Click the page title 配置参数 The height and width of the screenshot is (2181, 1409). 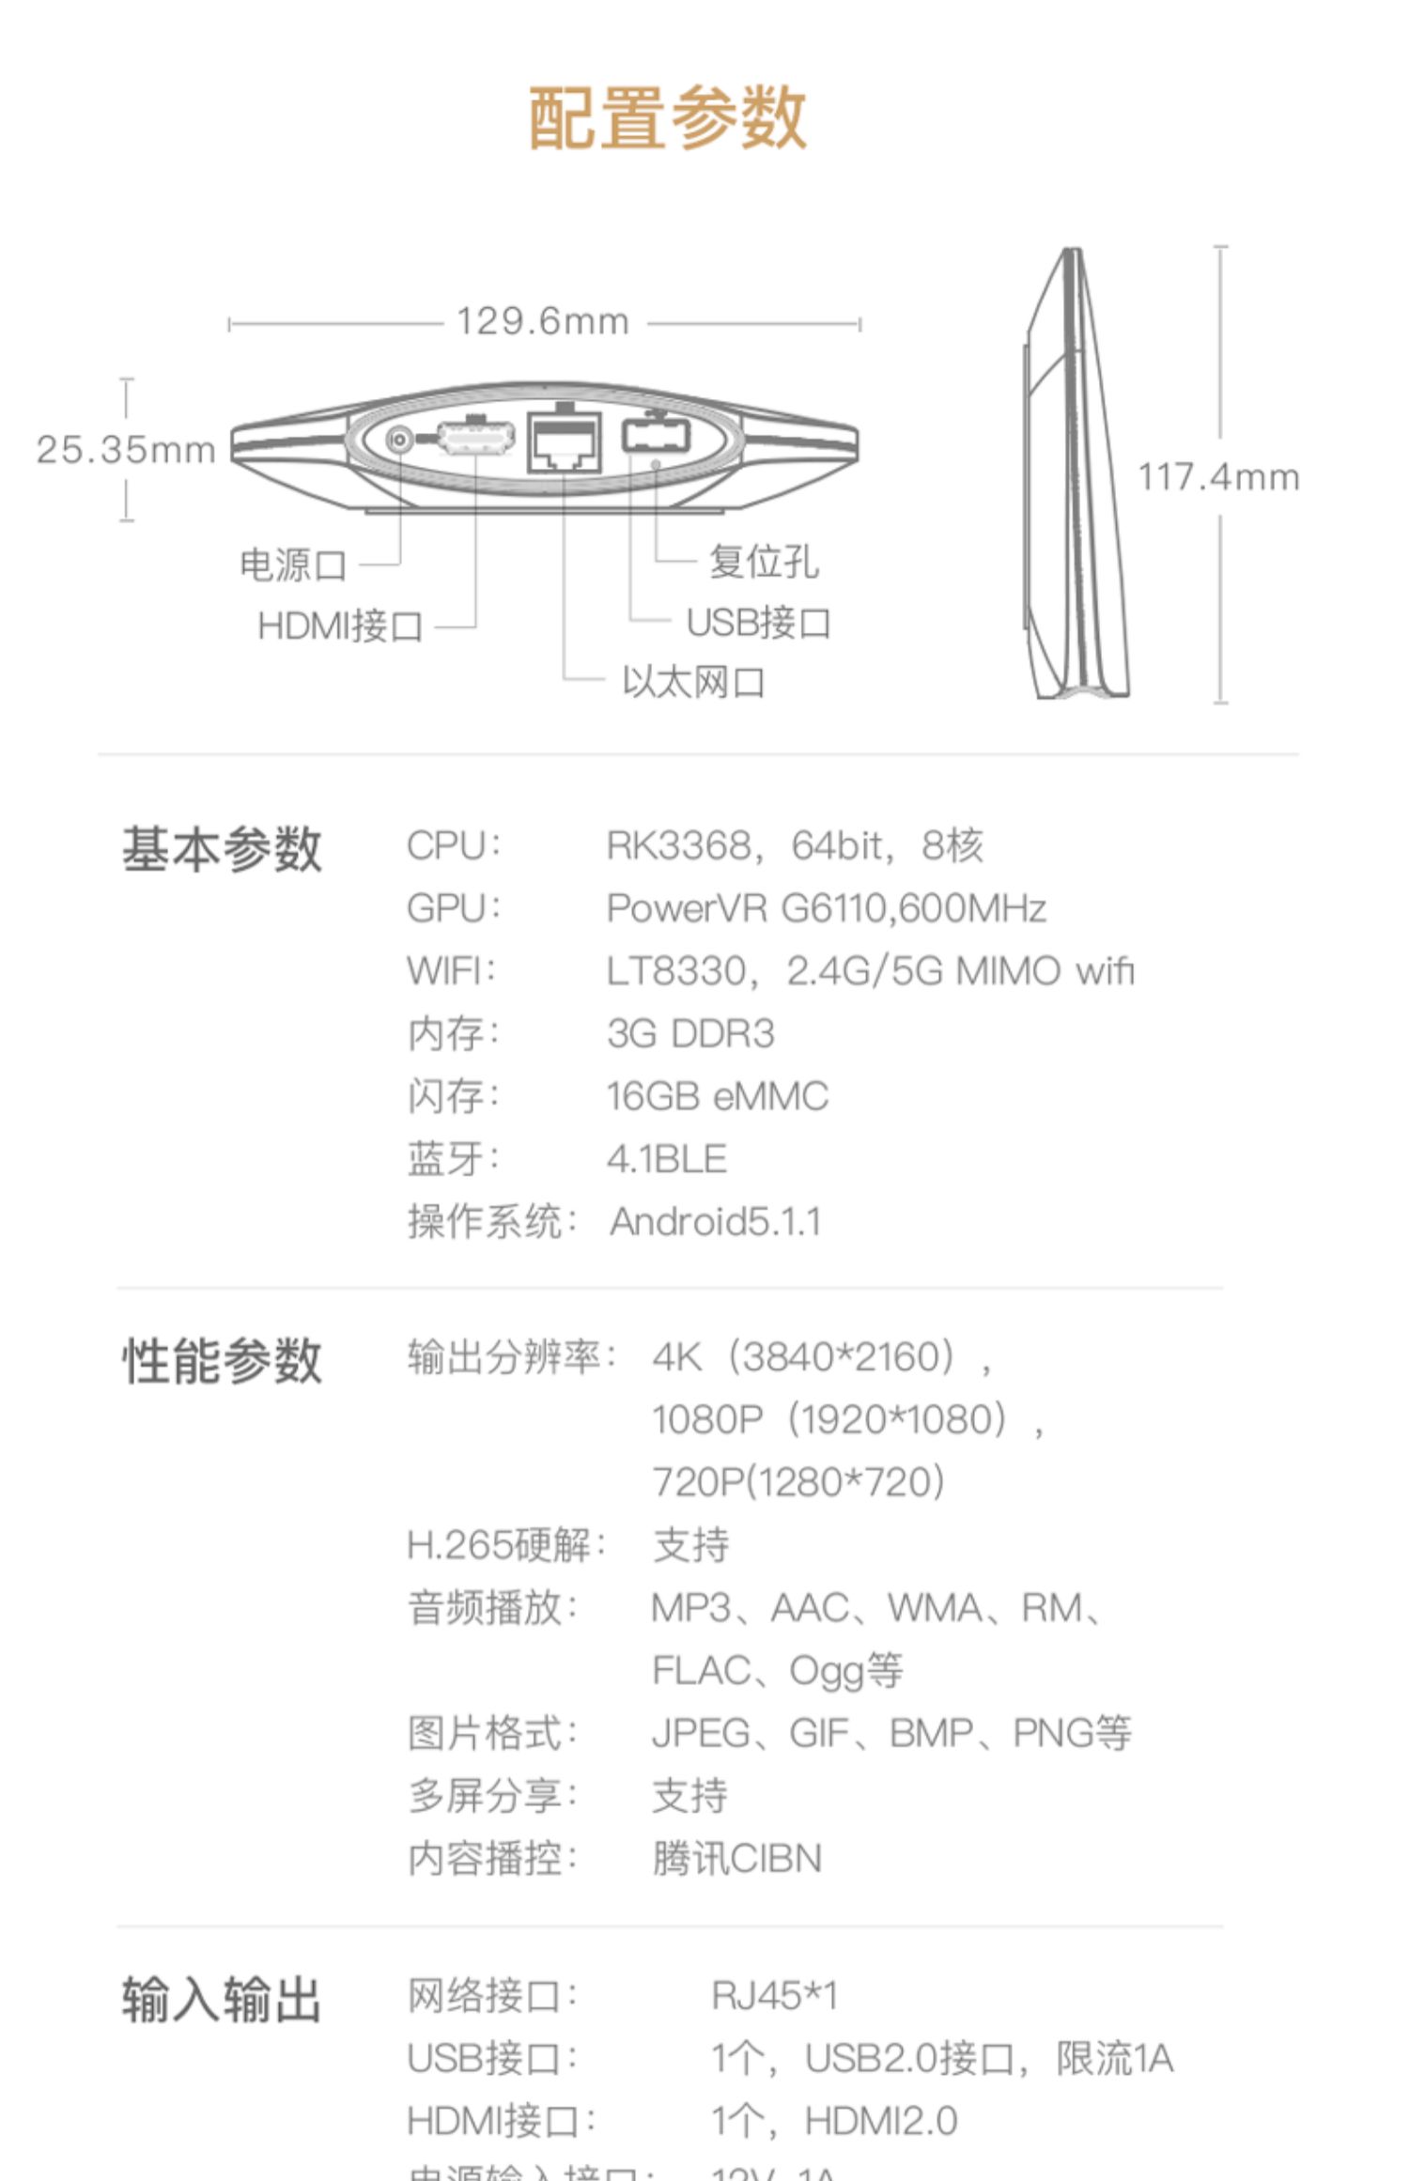667,118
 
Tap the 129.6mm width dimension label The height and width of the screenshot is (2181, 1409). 542,322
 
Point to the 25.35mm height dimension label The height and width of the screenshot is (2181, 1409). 126,450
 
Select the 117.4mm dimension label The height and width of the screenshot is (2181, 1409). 1218,477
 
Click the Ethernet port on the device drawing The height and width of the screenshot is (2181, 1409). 565,441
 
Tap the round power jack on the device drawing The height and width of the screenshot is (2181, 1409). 400,439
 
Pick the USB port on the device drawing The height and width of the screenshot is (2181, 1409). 656,437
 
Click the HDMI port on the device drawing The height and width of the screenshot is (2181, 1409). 476,438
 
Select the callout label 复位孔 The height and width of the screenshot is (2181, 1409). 763,562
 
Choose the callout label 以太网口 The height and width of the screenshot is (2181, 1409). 693,682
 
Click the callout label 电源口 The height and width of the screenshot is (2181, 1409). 293,565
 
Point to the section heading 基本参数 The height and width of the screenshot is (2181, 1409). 222,850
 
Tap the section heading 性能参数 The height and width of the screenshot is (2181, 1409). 222,1361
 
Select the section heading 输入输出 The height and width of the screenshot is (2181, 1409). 222,1999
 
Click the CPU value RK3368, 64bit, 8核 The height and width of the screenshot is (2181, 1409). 794,845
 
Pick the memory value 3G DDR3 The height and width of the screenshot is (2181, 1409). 690,1034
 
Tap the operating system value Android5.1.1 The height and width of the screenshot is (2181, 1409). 716,1222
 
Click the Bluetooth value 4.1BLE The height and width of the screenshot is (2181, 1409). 666,1159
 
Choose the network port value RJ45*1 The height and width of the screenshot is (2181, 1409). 774,1995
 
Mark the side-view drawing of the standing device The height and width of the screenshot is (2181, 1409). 1076,474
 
